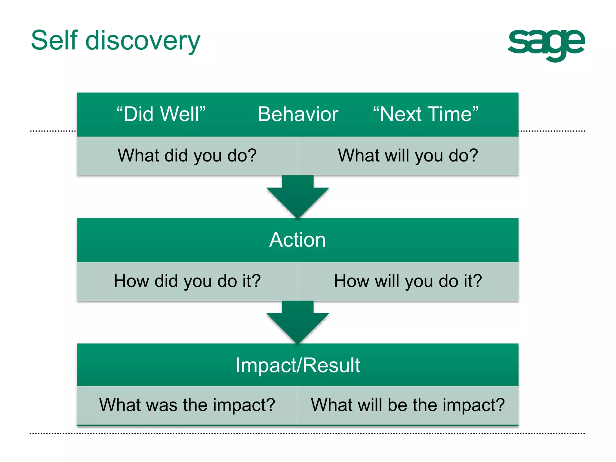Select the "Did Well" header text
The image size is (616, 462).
[161, 114]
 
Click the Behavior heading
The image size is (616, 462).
[298, 114]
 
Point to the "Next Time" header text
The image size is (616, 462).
[425, 114]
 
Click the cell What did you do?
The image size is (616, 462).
[187, 156]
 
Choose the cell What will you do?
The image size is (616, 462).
[408, 156]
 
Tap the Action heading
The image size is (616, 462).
[297, 240]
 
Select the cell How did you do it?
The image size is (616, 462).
[187, 281]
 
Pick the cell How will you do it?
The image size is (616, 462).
[408, 281]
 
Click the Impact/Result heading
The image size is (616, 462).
[297, 365]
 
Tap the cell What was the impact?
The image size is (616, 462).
[187, 405]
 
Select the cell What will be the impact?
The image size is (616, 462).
[408, 405]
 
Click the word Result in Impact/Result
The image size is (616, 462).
[331, 365]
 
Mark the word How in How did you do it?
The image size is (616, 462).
[131, 281]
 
